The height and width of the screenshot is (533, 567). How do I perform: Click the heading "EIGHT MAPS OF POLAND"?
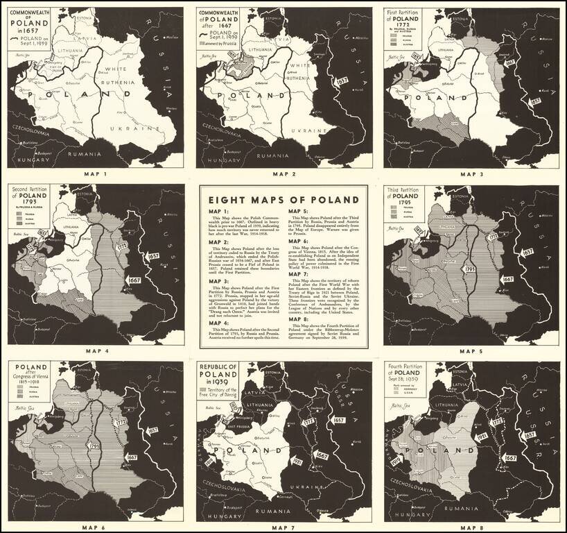click(x=283, y=199)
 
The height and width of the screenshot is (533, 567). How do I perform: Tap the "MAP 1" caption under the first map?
click(x=95, y=174)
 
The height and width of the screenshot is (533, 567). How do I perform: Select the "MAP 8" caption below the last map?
click(x=472, y=527)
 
